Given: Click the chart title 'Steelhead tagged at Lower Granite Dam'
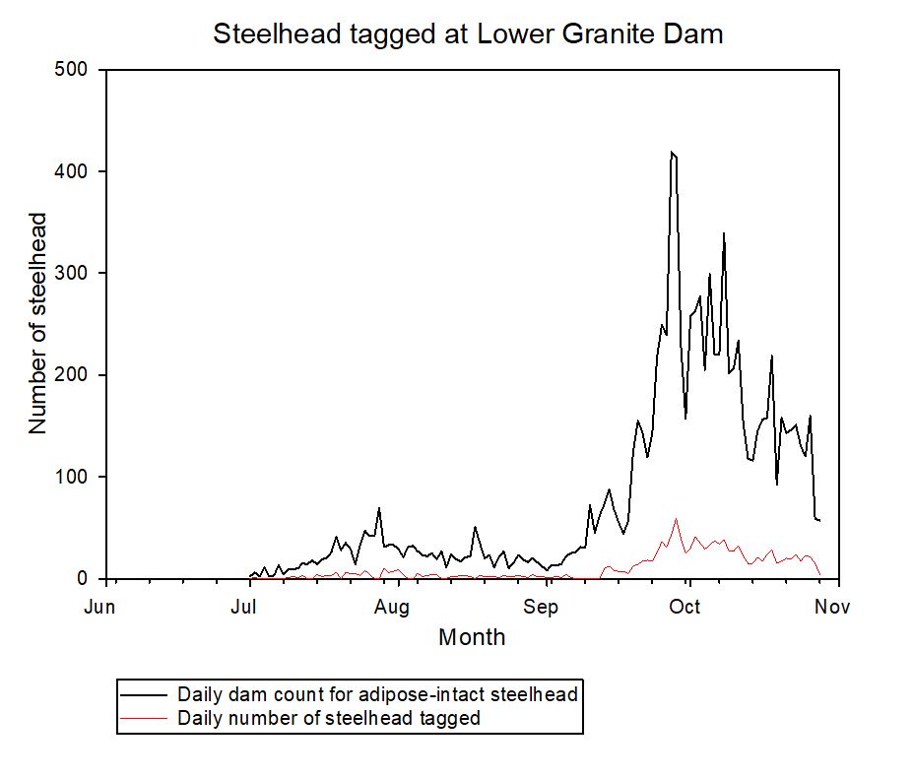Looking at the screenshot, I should (468, 34).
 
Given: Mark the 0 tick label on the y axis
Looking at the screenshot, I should (84, 579).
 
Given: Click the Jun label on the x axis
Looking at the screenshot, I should (99, 608).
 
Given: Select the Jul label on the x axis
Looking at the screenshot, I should (245, 608).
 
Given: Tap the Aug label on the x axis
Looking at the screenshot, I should (392, 608).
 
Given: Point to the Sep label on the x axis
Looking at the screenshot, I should (542, 608).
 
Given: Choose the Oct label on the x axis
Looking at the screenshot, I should (685, 608).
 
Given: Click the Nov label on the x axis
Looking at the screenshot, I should (833, 608).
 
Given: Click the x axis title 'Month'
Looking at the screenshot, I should (472, 637).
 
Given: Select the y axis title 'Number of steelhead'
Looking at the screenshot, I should (38, 323).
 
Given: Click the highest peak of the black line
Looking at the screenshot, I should (672, 153).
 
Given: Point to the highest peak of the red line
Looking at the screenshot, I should (676, 519).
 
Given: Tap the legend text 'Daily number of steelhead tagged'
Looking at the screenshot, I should (329, 718).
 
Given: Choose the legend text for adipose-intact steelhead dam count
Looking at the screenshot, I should (377, 694).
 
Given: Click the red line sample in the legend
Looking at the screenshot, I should (146, 718).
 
